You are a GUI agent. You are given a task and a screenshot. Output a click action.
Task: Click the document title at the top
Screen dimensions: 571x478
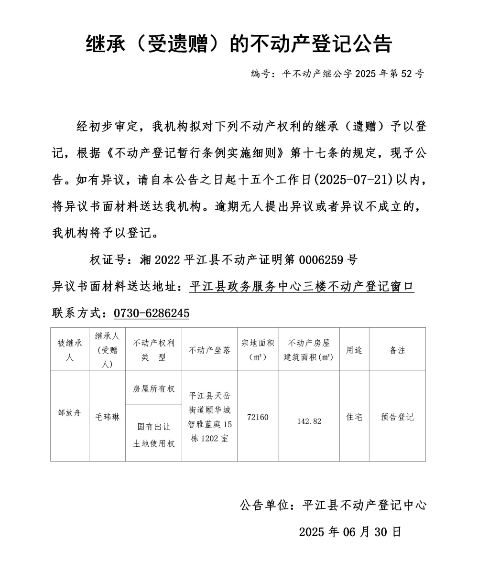point(239,44)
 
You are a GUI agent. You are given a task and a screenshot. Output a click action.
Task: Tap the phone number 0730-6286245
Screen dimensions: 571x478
point(151,313)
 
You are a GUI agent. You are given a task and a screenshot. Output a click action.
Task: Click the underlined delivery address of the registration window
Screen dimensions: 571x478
point(302,287)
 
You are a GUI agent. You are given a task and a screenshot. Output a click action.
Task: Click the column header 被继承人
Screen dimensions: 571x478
point(70,350)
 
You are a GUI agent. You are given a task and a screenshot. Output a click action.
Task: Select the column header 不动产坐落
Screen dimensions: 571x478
point(209,350)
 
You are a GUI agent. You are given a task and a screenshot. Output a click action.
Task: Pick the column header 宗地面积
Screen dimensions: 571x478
point(258,350)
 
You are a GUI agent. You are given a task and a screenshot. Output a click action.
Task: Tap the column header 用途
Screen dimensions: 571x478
point(354,350)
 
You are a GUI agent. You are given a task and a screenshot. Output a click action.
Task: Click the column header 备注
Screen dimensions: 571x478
point(397,350)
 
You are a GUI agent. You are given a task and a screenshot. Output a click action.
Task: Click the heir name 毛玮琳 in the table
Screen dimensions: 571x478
point(107,417)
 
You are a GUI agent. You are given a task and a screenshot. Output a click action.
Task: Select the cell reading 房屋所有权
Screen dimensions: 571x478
point(153,388)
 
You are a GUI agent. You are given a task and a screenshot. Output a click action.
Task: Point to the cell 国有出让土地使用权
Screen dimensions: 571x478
point(153,434)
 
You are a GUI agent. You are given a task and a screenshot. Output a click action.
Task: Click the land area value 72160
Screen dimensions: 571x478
point(258,417)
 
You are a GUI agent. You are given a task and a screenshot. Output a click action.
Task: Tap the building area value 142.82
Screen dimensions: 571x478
point(309,421)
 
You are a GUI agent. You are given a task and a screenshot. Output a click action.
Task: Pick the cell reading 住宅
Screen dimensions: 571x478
point(354,417)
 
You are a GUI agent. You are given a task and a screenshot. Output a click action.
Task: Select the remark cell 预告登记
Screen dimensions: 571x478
point(397,417)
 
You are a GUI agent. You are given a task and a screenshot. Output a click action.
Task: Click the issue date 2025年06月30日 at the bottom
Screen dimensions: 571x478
point(350,532)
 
